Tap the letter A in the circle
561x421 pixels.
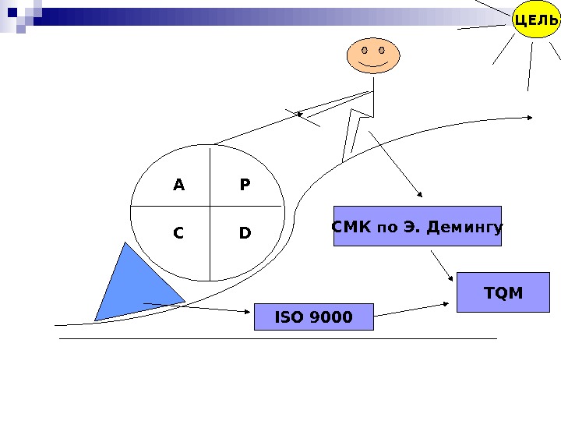(x=178, y=186)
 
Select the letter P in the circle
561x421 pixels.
(x=245, y=186)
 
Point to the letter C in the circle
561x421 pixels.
(x=178, y=233)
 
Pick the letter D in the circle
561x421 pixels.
(x=245, y=233)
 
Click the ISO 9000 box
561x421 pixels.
(x=313, y=317)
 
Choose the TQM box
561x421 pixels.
(x=503, y=292)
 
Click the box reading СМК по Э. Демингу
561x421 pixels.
(x=417, y=226)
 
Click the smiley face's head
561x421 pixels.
(x=372, y=56)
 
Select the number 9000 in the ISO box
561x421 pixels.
(x=331, y=317)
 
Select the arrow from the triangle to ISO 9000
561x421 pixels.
(x=199, y=307)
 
